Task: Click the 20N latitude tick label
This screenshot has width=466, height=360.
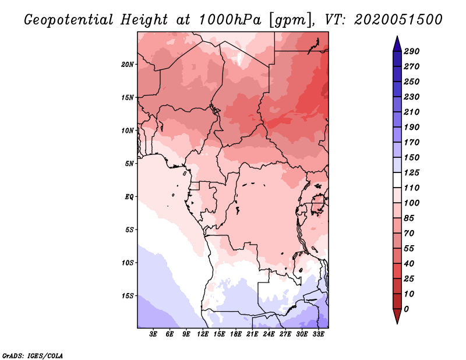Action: pyautogui.click(x=128, y=64)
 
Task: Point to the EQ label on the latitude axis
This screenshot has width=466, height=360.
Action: pyautogui.click(x=129, y=196)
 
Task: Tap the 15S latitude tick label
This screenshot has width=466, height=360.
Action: pyautogui.click(x=128, y=296)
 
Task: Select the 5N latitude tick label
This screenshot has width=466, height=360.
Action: pyautogui.click(x=129, y=164)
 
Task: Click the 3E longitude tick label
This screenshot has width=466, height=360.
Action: pyautogui.click(x=154, y=334)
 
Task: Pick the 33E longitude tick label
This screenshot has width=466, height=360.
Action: pyautogui.click(x=318, y=334)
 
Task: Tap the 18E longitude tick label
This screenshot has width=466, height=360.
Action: pyautogui.click(x=236, y=334)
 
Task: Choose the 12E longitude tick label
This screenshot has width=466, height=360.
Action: pyautogui.click(x=203, y=334)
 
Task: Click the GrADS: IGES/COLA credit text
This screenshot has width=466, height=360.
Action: pyautogui.click(x=33, y=355)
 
